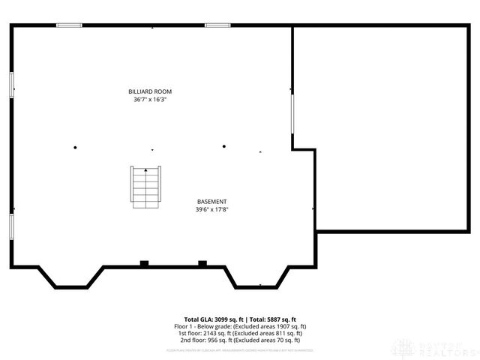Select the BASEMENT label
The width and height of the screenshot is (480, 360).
coord(211,202)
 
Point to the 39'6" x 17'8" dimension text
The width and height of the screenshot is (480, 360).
coord(211,209)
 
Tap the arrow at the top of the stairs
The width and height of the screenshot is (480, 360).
coord(145,170)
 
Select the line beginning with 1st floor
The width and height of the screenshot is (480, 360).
coord(240,334)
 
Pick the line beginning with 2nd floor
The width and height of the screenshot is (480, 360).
coord(240,340)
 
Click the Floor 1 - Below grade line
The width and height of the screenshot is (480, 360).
coord(240,326)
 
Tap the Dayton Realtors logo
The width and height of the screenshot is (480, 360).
coord(438,346)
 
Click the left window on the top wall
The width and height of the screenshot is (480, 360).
coord(70,25)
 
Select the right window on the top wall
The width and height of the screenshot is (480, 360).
coord(217,25)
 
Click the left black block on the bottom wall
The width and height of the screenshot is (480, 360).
coord(144,262)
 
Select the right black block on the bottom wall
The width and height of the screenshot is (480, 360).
coord(202,262)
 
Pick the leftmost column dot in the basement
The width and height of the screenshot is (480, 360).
coord(75,147)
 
